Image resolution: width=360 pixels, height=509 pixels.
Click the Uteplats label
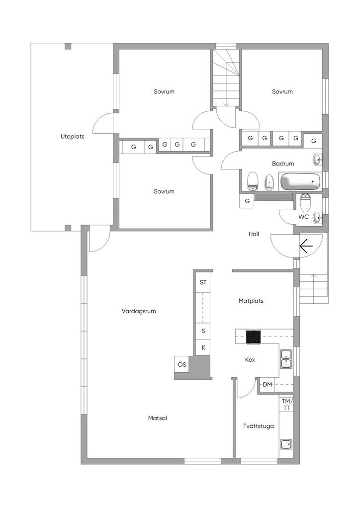[x=73, y=137]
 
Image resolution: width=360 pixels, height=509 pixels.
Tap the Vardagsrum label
[x=139, y=311]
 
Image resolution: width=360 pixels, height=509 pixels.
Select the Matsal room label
[x=158, y=418]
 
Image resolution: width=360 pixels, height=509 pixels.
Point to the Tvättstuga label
[x=259, y=426]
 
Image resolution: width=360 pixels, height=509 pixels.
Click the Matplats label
[x=251, y=301]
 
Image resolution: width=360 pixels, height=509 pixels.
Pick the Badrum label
[x=283, y=164]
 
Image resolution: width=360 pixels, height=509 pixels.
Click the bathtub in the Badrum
[x=300, y=181]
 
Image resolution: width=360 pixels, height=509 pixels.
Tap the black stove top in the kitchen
[x=253, y=337]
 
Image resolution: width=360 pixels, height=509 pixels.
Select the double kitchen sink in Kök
[x=286, y=359]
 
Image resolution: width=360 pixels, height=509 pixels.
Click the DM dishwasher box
[x=267, y=385]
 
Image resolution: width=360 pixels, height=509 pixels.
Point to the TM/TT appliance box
[x=286, y=405]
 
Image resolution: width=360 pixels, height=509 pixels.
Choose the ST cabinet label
[x=203, y=282]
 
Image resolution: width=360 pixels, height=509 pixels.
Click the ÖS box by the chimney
[x=182, y=364]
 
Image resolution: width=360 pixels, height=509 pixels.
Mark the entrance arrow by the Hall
[x=306, y=246]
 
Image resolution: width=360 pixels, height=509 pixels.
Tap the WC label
[x=303, y=217]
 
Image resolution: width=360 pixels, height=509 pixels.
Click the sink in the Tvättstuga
[x=286, y=444]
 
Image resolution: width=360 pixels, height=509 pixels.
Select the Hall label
[x=254, y=234]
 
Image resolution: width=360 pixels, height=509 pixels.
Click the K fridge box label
[x=203, y=347]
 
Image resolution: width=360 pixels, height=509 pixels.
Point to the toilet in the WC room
[x=305, y=203]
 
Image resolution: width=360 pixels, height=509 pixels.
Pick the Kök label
[x=250, y=360]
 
